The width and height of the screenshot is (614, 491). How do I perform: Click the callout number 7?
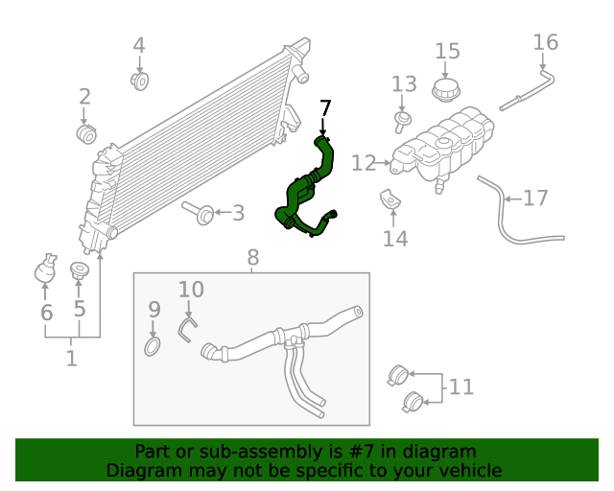(325, 107)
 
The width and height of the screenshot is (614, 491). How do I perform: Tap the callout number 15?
(447, 51)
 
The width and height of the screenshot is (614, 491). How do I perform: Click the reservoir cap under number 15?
(446, 91)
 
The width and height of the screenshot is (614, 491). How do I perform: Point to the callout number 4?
(139, 45)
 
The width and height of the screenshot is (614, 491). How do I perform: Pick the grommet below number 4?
(140, 81)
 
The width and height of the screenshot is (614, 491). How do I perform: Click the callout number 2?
(84, 96)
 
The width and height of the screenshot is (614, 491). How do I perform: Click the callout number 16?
(545, 42)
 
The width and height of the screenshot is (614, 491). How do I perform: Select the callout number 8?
(252, 257)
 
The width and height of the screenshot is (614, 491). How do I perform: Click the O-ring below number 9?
(153, 345)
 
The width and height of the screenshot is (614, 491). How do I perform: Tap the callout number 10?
(191, 289)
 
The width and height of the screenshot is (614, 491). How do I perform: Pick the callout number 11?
(461, 387)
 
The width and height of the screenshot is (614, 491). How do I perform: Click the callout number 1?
(72, 359)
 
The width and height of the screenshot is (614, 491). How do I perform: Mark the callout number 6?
(46, 313)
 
